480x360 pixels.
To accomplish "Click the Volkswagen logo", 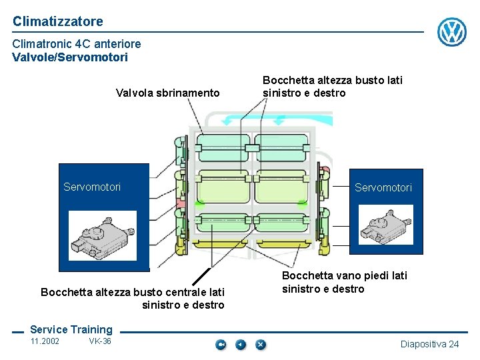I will (451, 31).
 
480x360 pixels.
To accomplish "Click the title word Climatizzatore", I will (58, 21).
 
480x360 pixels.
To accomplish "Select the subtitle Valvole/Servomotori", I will (70, 57).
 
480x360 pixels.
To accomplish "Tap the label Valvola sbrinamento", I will (167, 93).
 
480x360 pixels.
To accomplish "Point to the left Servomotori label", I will (92, 187).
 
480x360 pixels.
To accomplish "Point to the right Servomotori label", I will (383, 188).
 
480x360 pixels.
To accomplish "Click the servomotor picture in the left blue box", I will (102, 235).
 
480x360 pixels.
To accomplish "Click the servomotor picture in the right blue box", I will (385, 225).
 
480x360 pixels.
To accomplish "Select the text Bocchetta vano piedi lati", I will (344, 275).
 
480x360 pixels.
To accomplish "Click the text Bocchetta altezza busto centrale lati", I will (133, 292).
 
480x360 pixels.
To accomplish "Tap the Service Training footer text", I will (71, 329).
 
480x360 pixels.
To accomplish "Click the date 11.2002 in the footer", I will (45, 342).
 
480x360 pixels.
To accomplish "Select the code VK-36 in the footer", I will (100, 342).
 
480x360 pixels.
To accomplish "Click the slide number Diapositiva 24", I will (429, 344).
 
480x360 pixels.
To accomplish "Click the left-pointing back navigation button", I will (241, 345).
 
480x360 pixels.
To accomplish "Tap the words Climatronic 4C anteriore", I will (77, 44).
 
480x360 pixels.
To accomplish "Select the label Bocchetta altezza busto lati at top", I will (333, 80).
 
